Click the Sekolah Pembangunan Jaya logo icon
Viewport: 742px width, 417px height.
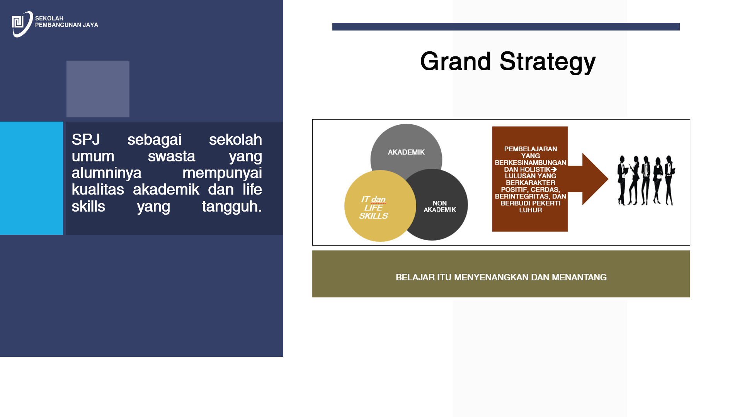[22, 24]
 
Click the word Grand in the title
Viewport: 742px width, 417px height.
[456, 61]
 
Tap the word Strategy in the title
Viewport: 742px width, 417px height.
[548, 62]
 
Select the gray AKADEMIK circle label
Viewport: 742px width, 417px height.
[406, 152]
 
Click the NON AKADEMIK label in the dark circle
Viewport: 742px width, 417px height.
[440, 207]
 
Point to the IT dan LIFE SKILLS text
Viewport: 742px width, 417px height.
[373, 208]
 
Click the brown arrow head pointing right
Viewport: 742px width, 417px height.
[595, 179]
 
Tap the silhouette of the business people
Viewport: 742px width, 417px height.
[646, 180]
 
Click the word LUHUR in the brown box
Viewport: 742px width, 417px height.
[531, 210]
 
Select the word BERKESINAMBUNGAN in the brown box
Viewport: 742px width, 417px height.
[531, 163]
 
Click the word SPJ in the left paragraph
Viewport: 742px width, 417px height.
[86, 139]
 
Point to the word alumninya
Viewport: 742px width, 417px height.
[106, 173]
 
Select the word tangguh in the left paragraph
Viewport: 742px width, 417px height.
[232, 207]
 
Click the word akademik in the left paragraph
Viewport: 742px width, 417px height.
[166, 190]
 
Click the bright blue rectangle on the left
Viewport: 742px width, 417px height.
[31, 178]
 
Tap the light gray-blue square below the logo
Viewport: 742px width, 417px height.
[98, 89]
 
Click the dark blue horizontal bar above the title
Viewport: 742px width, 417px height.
[506, 27]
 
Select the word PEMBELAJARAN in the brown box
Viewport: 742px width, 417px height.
[531, 149]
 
